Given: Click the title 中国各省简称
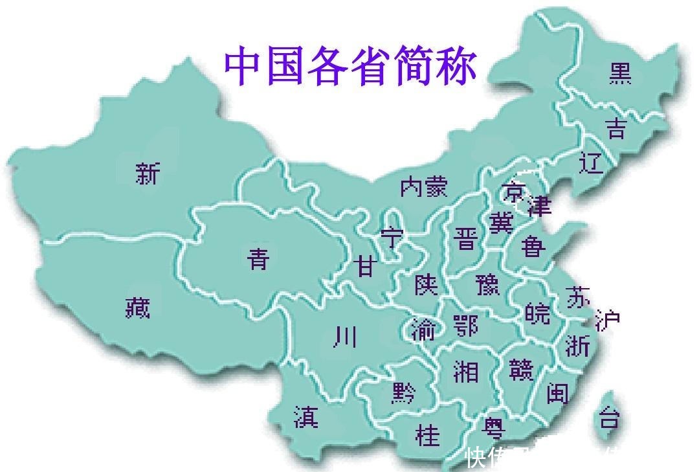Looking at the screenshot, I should [x=350, y=65].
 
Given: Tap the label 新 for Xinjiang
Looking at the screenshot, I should [x=148, y=174].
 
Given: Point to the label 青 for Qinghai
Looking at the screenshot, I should [x=258, y=259].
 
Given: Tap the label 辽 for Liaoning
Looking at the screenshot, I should [x=590, y=162].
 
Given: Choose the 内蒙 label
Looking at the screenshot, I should [x=423, y=187].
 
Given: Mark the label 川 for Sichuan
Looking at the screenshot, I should [x=345, y=337].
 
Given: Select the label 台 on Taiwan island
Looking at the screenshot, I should [x=608, y=418].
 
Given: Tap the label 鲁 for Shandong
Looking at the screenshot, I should [x=533, y=246].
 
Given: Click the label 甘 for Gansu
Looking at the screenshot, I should [x=366, y=266].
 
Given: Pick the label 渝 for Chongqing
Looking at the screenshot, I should [x=423, y=330].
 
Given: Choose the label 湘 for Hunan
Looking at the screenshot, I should [x=465, y=371].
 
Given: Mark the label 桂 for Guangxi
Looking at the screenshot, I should [x=427, y=434].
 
